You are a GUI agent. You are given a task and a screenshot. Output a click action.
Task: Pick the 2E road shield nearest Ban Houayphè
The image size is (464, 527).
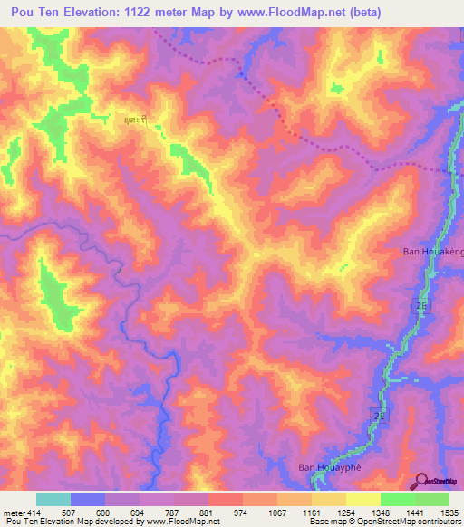click(x=378, y=416)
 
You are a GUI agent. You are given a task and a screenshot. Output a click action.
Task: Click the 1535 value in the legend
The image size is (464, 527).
click(x=449, y=513)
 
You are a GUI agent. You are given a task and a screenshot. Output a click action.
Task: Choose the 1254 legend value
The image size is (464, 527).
click(x=346, y=513)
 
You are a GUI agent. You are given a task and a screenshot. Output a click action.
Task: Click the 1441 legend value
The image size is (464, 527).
click(x=414, y=513)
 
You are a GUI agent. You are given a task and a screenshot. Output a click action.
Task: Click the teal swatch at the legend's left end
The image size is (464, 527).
click(x=53, y=499)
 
